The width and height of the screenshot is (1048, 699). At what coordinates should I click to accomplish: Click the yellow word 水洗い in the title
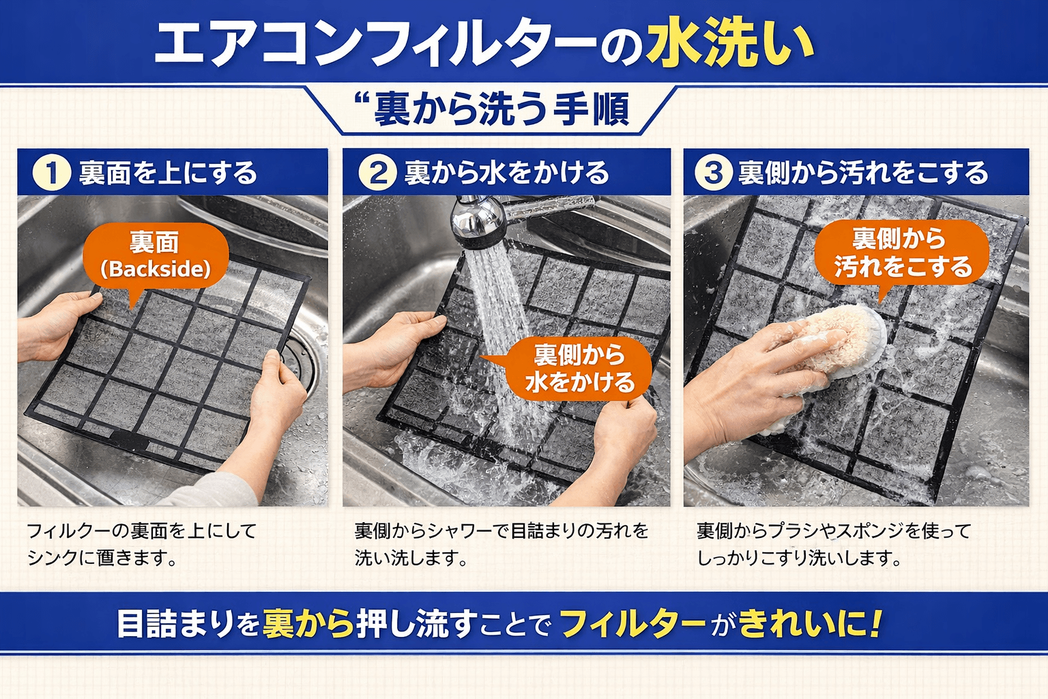(x=730, y=44)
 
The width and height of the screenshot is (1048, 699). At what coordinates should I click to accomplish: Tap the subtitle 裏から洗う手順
(x=501, y=109)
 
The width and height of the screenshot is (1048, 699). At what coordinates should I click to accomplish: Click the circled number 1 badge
(x=52, y=173)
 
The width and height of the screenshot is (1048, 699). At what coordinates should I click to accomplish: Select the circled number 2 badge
(x=378, y=173)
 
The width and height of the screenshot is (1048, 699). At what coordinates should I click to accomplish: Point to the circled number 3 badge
(x=713, y=173)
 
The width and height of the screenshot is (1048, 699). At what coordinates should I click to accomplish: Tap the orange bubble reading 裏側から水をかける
(x=579, y=369)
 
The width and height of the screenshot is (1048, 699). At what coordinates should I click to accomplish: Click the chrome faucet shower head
(x=478, y=222)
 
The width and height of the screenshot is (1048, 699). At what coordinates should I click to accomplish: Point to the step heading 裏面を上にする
(x=168, y=173)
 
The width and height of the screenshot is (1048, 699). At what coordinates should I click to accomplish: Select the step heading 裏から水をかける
(x=506, y=173)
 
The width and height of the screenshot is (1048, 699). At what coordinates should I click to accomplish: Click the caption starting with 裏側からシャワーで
(x=501, y=544)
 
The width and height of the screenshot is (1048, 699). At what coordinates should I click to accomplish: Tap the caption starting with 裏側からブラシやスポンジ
(x=833, y=544)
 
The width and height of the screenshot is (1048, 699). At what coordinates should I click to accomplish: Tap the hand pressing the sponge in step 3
(x=757, y=375)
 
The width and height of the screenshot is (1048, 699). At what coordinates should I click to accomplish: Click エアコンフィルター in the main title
(x=375, y=44)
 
